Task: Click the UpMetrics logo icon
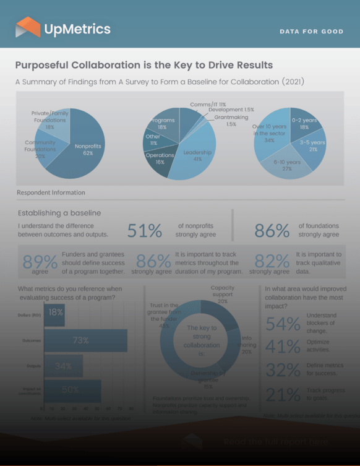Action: [x=27, y=27]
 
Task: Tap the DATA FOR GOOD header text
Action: [x=311, y=32]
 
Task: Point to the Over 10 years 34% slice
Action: [x=266, y=136]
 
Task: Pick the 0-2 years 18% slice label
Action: [x=304, y=124]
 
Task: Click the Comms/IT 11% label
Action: [x=208, y=105]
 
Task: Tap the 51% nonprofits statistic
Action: [x=145, y=231]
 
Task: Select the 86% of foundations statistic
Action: [x=272, y=231]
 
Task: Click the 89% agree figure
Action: [x=40, y=262]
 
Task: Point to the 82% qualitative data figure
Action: [x=272, y=262]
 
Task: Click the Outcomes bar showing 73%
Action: [x=85, y=340]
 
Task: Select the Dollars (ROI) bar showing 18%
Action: [x=54, y=314]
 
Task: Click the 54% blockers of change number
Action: [x=283, y=323]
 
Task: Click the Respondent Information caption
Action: [x=51, y=192]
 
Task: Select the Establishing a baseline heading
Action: [x=59, y=214]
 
